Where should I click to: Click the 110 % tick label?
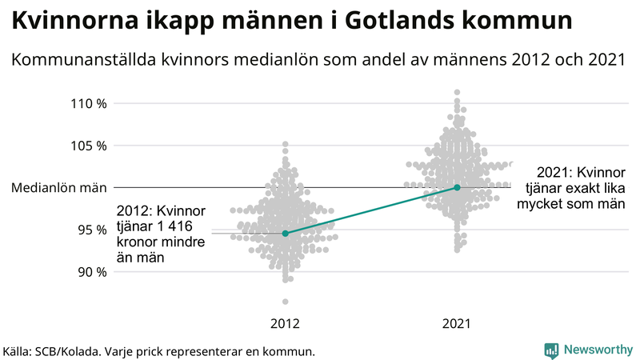pos(89,103)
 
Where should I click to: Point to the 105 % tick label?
pos(89,146)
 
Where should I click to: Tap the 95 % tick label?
pos(92,230)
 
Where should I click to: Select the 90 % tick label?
pos(92,272)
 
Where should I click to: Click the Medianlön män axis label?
pos(59,188)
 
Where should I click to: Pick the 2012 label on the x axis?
pos(286,324)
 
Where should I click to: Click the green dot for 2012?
pos(286,234)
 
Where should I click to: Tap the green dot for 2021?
pos(457,187)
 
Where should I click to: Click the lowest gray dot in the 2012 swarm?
pos(286,302)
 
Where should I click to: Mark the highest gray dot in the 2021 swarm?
pos(457,93)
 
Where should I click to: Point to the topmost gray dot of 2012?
pos(286,145)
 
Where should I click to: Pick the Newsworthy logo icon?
pos(551,350)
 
